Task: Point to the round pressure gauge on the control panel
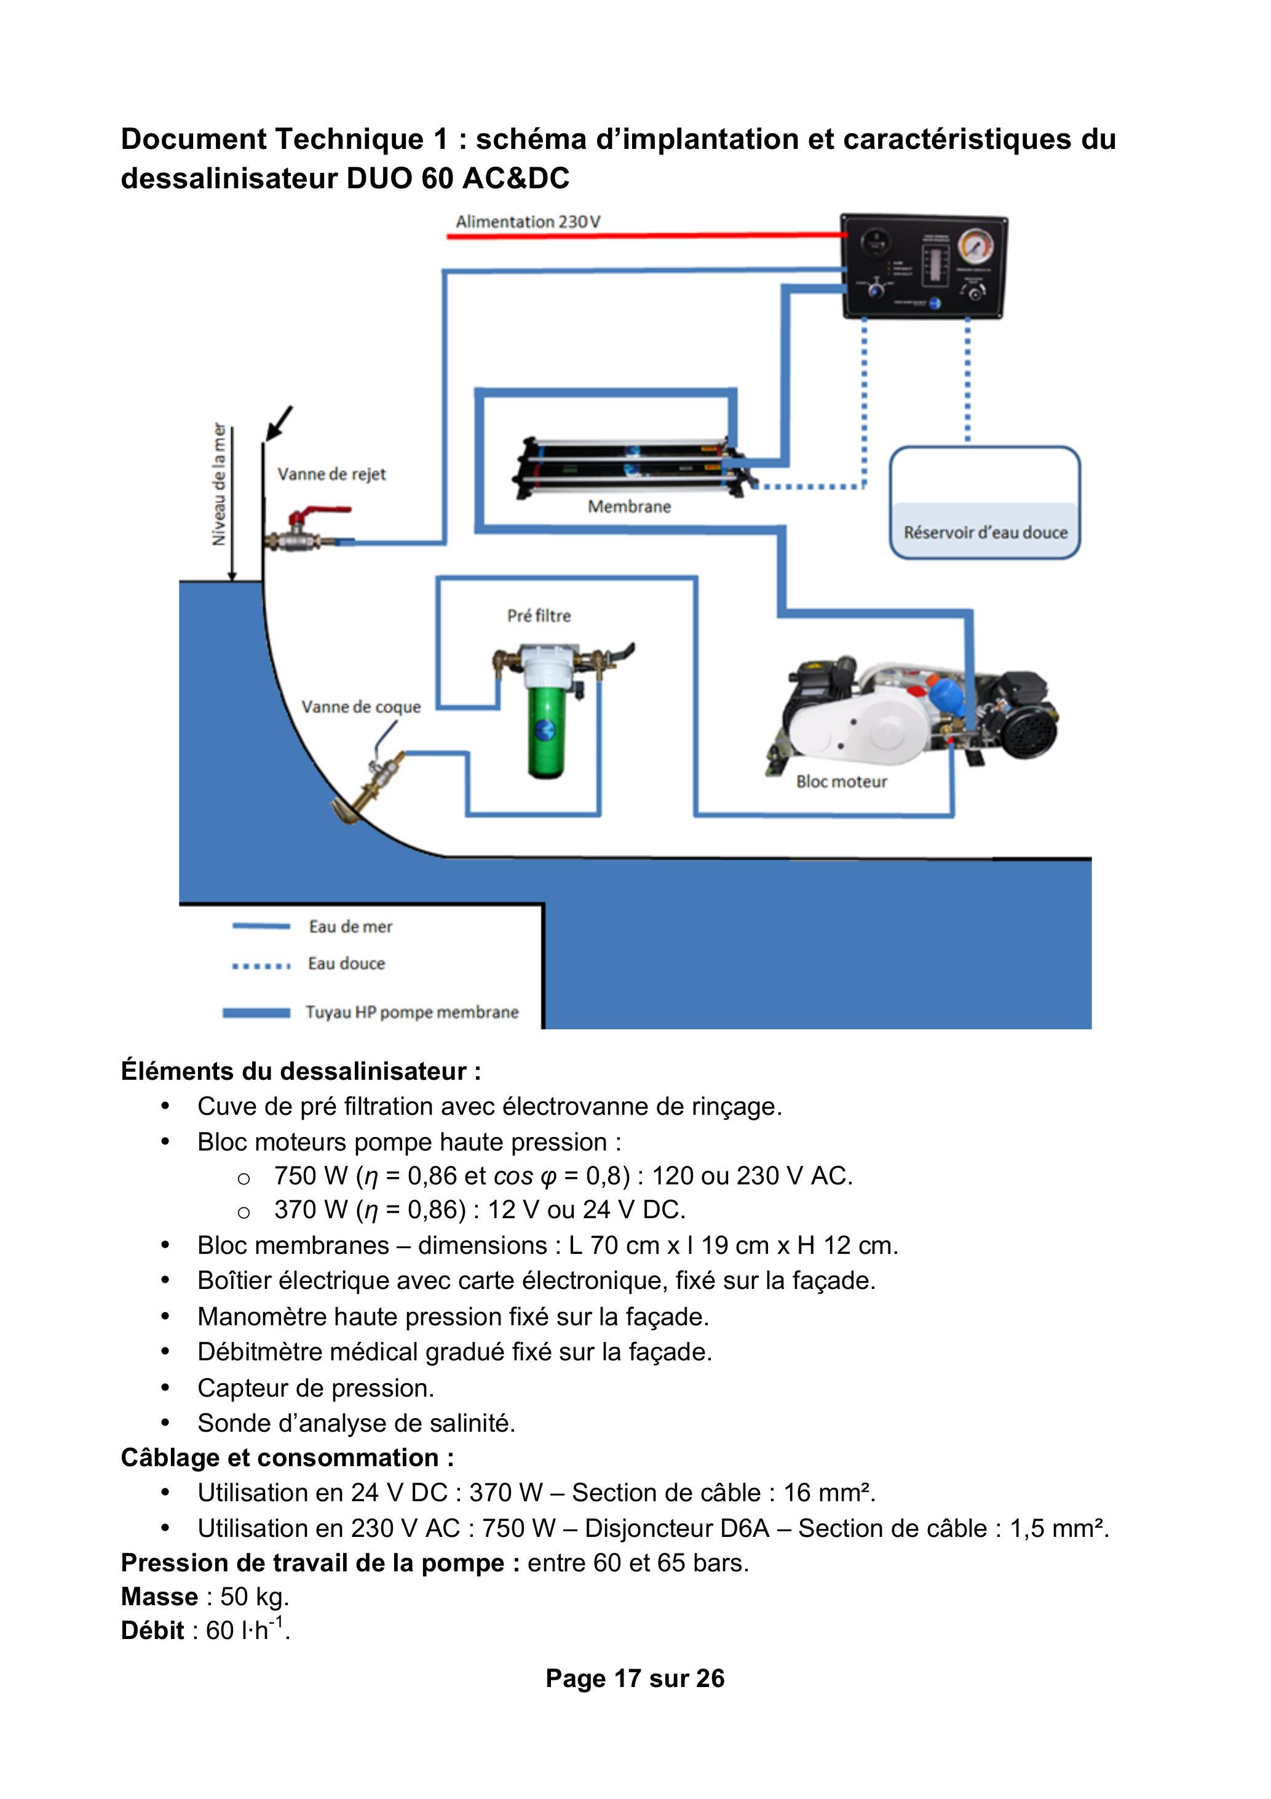[976, 246]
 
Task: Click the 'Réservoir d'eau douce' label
[985, 533]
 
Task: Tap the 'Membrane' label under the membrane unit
[629, 507]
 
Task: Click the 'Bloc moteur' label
[841, 781]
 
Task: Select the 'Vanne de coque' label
[361, 707]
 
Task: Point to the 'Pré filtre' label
[539, 616]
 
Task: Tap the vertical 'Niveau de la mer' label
[220, 484]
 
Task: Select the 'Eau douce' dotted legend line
[261, 965]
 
